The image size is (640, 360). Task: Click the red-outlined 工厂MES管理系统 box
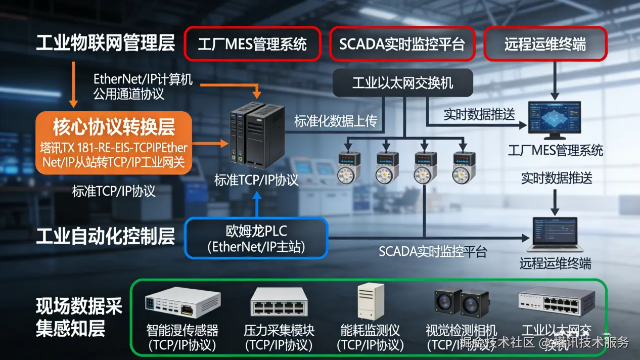point(252,44)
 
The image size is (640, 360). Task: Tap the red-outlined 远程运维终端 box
point(545,44)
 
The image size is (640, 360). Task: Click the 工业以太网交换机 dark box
point(402,83)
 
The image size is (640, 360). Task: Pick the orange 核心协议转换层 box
point(114,143)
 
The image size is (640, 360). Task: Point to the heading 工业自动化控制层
point(105,236)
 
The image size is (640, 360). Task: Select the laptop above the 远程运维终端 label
point(555,234)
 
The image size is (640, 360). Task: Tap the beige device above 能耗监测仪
point(371,302)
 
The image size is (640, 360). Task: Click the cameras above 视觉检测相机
point(462,302)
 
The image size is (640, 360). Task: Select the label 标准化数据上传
point(336,121)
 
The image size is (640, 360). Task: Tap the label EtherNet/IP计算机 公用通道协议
point(143,86)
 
